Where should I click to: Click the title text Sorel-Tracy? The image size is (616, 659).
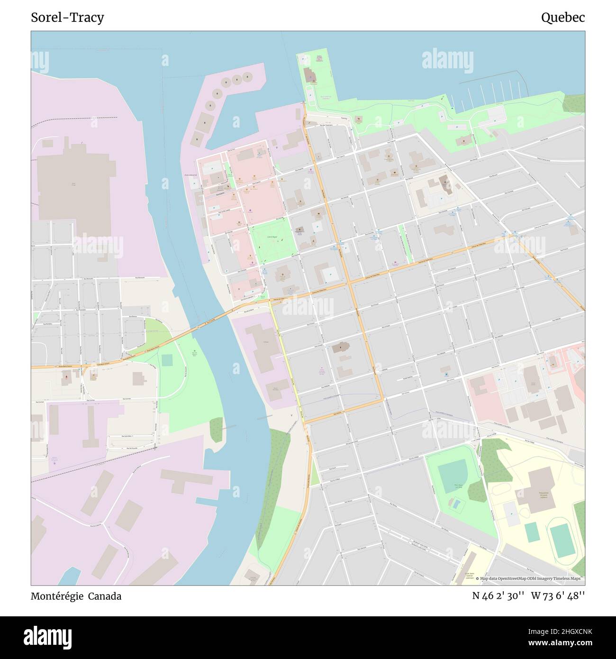[x=67, y=18]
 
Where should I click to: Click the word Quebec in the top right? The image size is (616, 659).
[x=562, y=18]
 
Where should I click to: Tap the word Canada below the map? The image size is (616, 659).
[x=107, y=596]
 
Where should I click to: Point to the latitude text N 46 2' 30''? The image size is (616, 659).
[x=498, y=596]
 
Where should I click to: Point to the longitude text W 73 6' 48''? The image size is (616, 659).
[x=558, y=596]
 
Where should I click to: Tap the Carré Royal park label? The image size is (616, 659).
[x=272, y=236]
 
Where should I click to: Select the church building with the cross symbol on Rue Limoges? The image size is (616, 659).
[x=339, y=348]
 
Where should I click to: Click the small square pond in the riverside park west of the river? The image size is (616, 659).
[x=167, y=360]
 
